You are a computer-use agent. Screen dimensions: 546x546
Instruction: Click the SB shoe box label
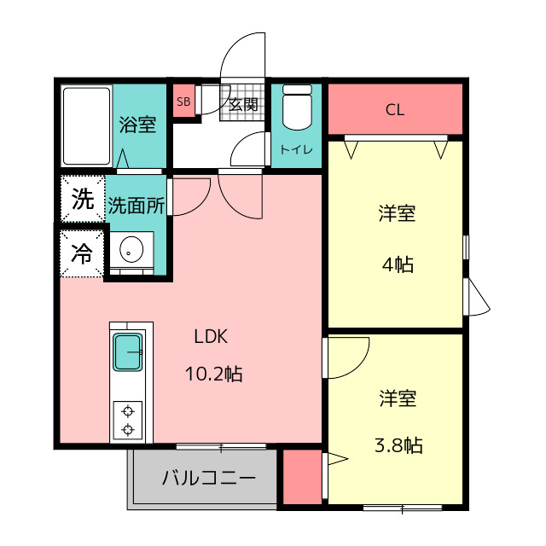(183, 102)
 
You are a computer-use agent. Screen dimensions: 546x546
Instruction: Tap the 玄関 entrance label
(243, 104)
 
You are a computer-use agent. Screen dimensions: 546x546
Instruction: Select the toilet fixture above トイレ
(297, 107)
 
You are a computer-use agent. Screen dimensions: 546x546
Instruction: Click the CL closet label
(395, 110)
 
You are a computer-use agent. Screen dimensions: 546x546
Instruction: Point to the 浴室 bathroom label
(137, 125)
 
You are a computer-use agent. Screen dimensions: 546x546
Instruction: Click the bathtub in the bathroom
(87, 126)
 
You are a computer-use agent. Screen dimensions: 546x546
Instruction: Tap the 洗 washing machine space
(83, 199)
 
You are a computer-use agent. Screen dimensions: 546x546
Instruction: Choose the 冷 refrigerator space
(82, 253)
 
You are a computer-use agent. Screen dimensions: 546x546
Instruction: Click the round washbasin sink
(131, 249)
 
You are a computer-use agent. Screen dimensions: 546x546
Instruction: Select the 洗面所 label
(136, 206)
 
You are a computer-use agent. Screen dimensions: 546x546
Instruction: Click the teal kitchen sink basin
(128, 352)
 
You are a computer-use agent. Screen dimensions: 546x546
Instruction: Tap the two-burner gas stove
(128, 421)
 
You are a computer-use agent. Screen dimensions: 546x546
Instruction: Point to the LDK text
(211, 337)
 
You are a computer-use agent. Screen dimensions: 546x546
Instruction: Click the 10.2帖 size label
(214, 374)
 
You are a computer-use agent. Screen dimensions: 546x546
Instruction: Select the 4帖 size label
(398, 264)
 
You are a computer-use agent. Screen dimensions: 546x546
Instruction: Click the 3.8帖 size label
(398, 445)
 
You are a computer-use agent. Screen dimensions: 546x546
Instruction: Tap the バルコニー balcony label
(209, 478)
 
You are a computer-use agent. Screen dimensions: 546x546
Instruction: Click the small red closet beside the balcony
(302, 477)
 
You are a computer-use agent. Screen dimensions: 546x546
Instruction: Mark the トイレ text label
(296, 150)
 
